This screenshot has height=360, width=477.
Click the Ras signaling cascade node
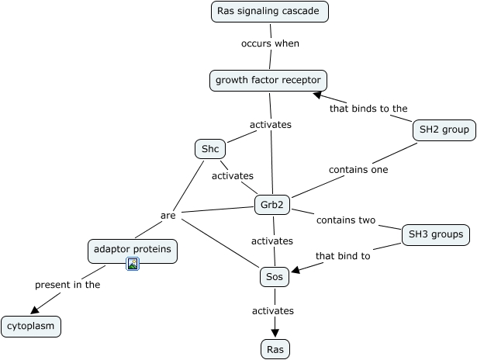[270, 12]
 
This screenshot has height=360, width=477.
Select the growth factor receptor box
[268, 80]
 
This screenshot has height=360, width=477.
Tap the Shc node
[209, 149]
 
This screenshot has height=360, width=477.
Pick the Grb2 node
[272, 206]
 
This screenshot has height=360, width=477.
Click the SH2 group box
[444, 130]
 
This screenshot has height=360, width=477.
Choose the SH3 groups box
[436, 234]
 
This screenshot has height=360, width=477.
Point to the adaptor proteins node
[133, 250]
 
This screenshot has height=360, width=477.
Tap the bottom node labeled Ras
[275, 349]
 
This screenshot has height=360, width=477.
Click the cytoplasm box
[31, 327]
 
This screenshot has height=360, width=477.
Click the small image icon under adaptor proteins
[133, 265]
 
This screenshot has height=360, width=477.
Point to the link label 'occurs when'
[269, 43]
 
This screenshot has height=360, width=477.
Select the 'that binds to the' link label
[368, 109]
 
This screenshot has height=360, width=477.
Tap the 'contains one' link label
[358, 169]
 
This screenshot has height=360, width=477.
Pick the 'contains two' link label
[346, 220]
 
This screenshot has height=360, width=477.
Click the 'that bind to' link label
[343, 254]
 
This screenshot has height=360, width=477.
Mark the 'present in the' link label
[67, 285]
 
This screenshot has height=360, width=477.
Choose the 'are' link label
[168, 215]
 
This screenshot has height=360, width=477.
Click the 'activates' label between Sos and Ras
[273, 310]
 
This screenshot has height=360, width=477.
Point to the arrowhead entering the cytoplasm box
[35, 311]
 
